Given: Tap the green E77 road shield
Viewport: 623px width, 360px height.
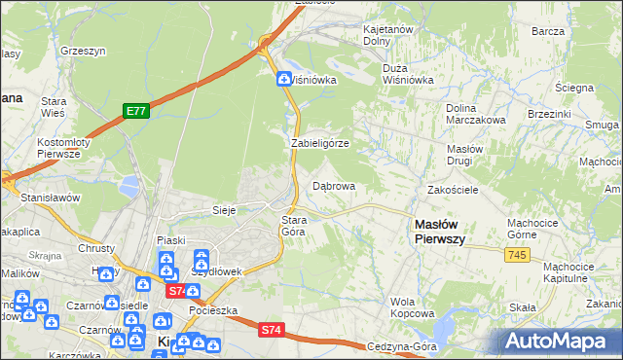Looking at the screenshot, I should point(135,112).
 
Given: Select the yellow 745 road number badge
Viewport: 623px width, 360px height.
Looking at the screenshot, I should point(517,255).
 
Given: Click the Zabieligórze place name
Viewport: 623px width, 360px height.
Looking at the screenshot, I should point(319,143).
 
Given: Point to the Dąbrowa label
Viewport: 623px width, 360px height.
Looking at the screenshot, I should point(332,186).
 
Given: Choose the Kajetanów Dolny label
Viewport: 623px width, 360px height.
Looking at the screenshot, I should point(388,36).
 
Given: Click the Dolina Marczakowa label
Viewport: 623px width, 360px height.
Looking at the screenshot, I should point(474,114).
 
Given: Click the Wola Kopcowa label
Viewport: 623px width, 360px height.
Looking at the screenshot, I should point(411,307).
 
